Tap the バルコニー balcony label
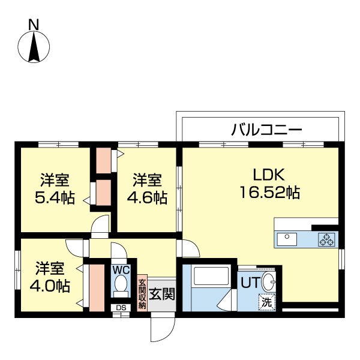pos(266,128)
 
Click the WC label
pos(121,270)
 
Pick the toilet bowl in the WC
pos(121,284)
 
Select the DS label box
pos(121,308)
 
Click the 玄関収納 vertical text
pos(142,293)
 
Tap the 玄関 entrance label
pos(162,294)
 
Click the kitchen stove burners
pos(327,240)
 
